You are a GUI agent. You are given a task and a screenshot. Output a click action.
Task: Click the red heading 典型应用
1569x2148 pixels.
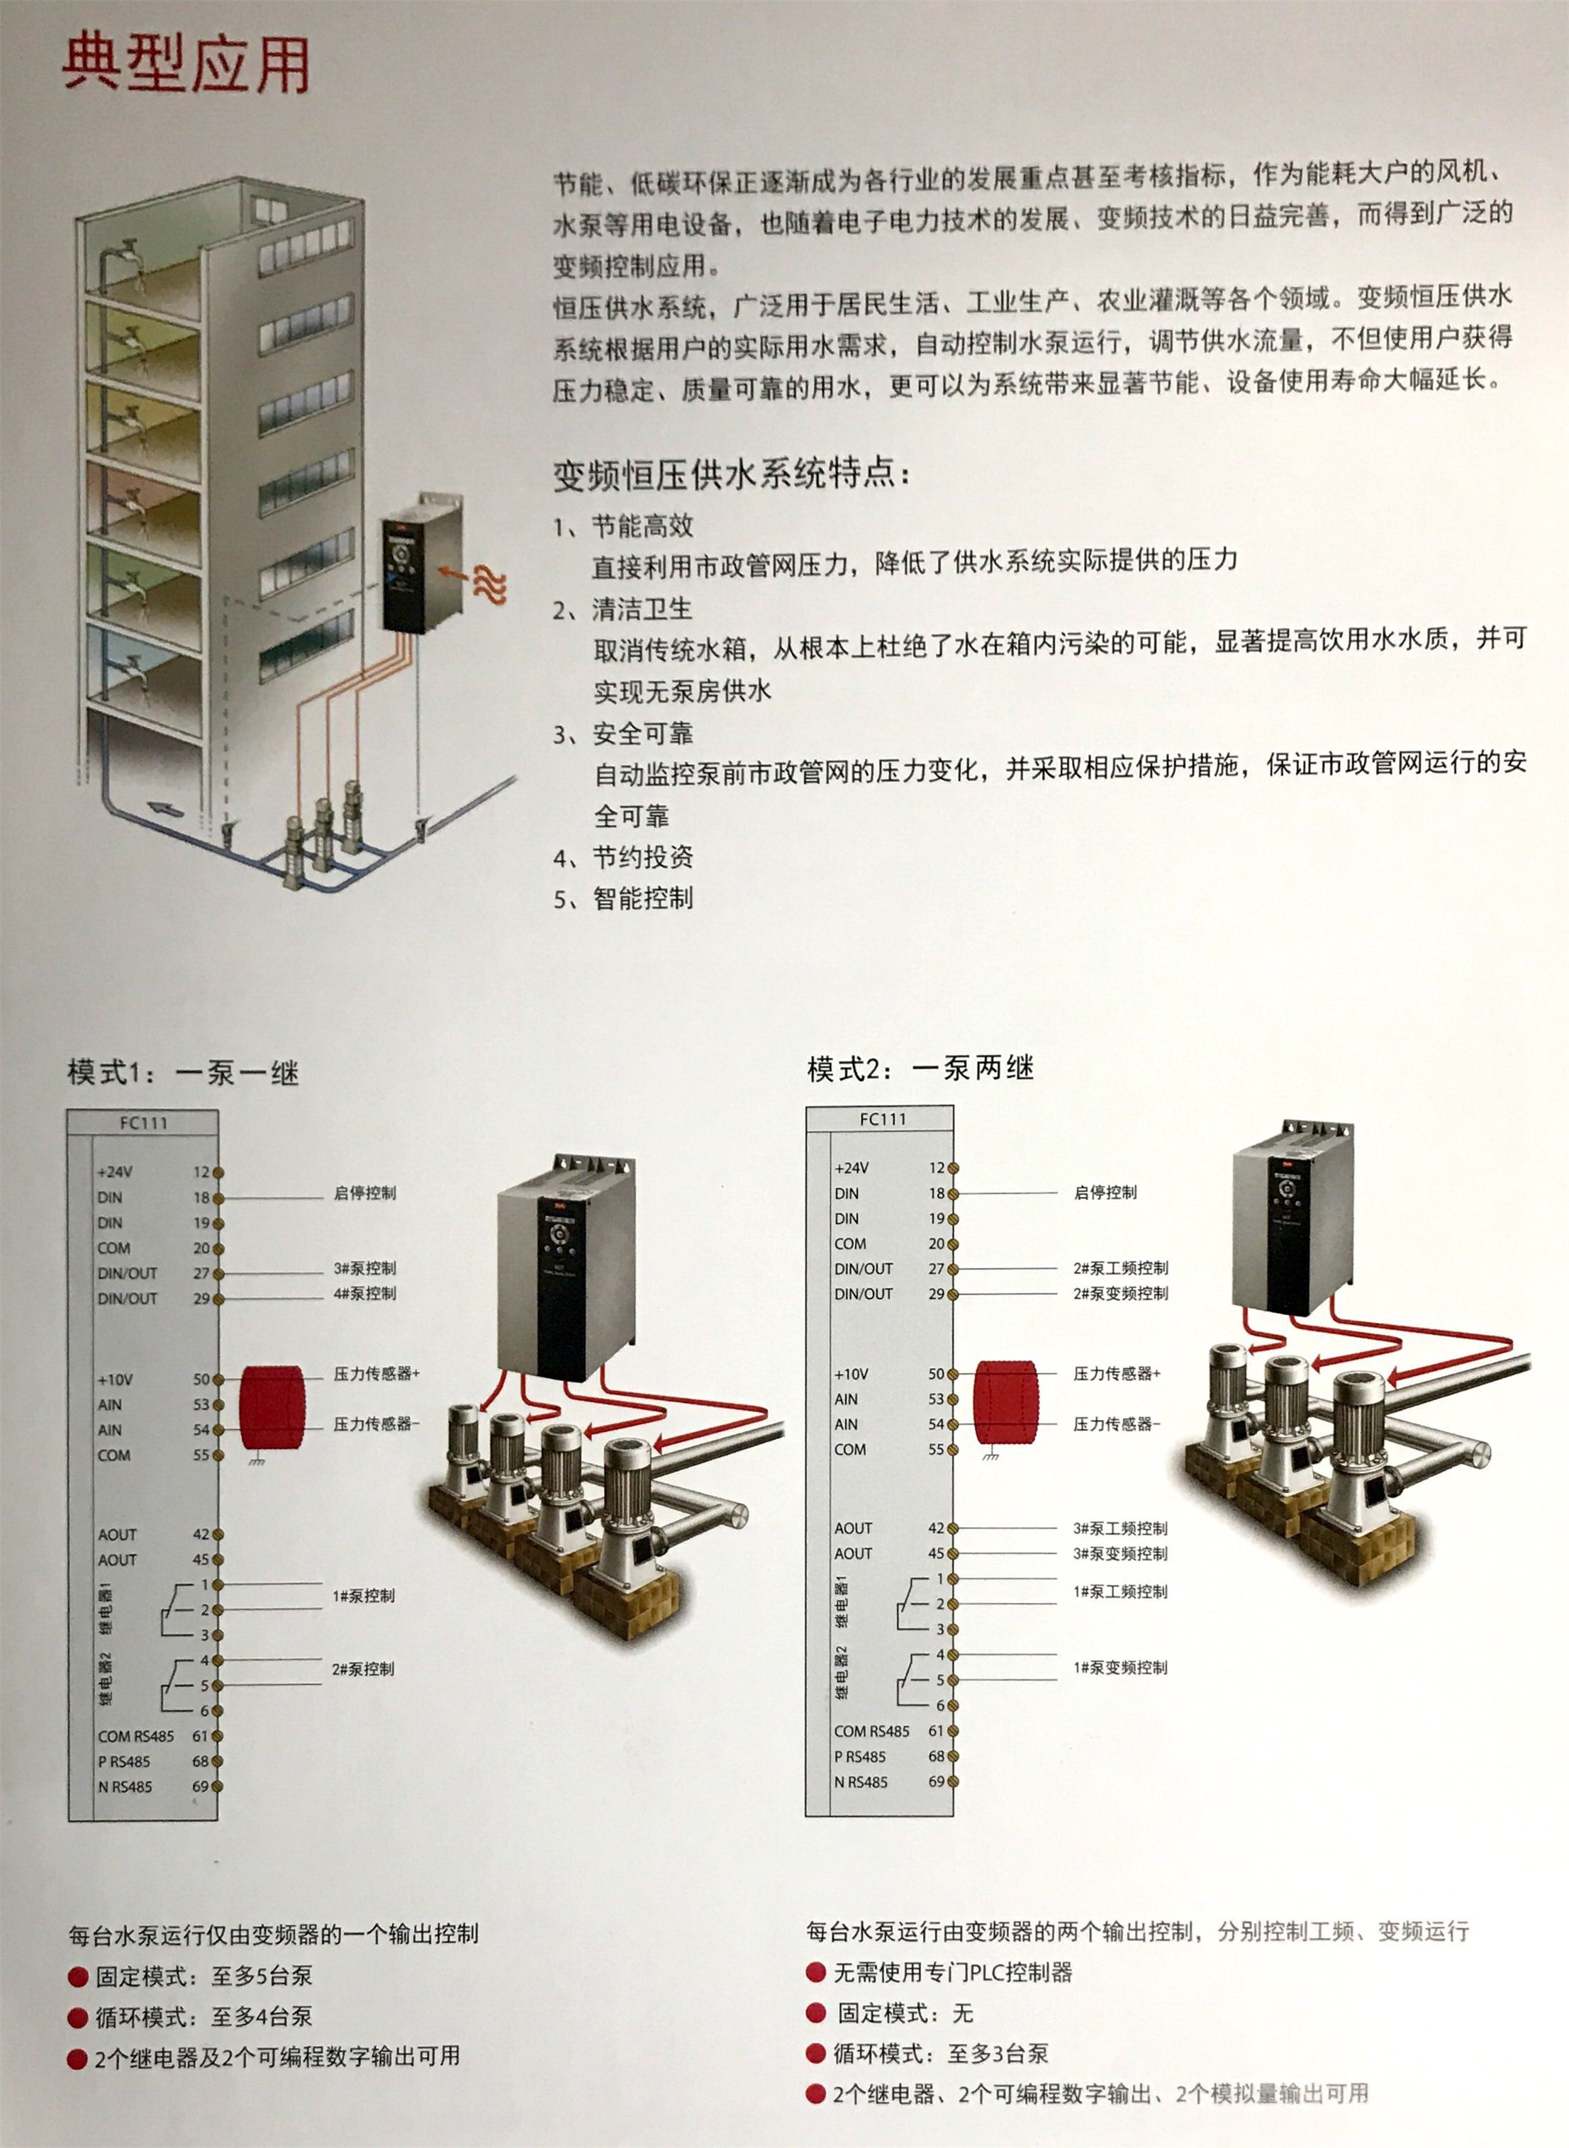(186, 65)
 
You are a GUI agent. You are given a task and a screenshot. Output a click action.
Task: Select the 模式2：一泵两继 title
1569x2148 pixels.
(920, 1069)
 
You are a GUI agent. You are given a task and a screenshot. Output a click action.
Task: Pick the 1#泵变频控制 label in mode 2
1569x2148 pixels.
(1121, 1667)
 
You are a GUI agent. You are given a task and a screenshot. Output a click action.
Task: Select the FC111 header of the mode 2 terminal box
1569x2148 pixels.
(882, 1119)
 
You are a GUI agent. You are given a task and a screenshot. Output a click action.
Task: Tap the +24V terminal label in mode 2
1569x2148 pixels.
(851, 1168)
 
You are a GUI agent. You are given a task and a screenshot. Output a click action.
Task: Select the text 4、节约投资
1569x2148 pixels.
(624, 858)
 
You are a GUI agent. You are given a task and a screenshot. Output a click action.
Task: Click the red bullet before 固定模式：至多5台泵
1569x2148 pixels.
(78, 1977)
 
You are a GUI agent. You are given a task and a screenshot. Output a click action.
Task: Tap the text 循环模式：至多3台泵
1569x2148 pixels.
(940, 2054)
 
